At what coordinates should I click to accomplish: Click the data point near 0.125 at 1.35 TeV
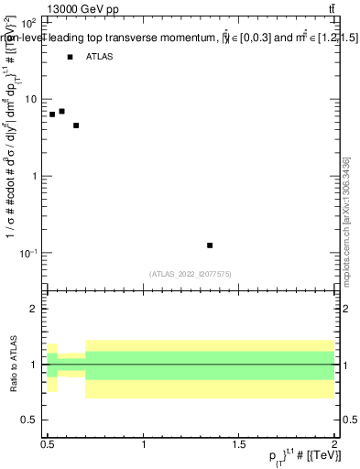point(211,245)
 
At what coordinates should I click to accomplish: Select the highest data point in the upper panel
point(61,111)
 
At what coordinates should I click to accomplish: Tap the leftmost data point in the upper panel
point(52,115)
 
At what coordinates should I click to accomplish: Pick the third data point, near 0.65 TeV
point(76,125)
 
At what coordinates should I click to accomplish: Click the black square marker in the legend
point(70,57)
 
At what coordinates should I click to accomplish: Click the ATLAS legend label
point(99,57)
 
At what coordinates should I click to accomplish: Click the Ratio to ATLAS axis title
point(13,365)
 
